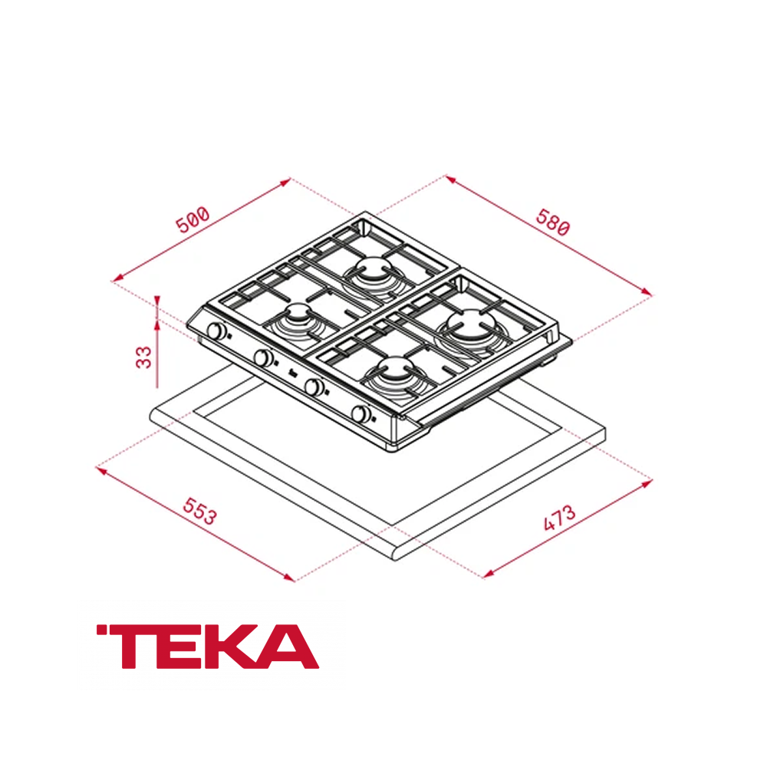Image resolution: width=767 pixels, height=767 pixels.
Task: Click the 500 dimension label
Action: click(193, 219)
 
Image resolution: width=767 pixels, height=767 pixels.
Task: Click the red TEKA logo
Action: click(207, 646)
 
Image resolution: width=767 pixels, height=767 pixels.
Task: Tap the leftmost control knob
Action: click(216, 332)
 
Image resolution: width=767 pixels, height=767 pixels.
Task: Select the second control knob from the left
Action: click(263, 357)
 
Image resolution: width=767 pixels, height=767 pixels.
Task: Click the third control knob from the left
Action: click(314, 387)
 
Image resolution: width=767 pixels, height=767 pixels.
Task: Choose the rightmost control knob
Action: click(360, 414)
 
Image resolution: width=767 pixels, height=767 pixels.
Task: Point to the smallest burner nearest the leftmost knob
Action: click(297, 316)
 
